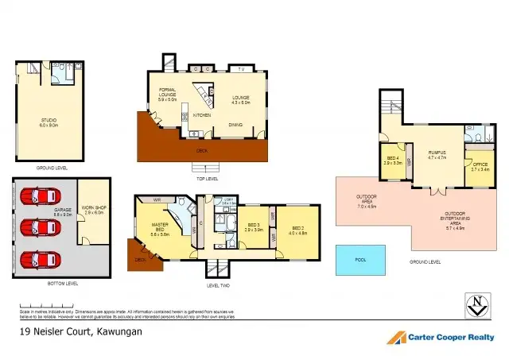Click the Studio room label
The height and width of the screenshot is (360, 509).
(x=48, y=122)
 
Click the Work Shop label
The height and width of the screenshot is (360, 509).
(x=94, y=211)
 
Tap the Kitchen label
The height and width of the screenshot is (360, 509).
(x=201, y=114)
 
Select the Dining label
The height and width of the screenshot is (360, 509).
(x=235, y=124)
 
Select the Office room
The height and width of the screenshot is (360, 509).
(x=480, y=168)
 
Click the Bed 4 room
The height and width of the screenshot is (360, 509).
(x=393, y=161)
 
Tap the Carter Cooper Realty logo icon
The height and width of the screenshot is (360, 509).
(x=397, y=337)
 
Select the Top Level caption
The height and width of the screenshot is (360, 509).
(x=206, y=178)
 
